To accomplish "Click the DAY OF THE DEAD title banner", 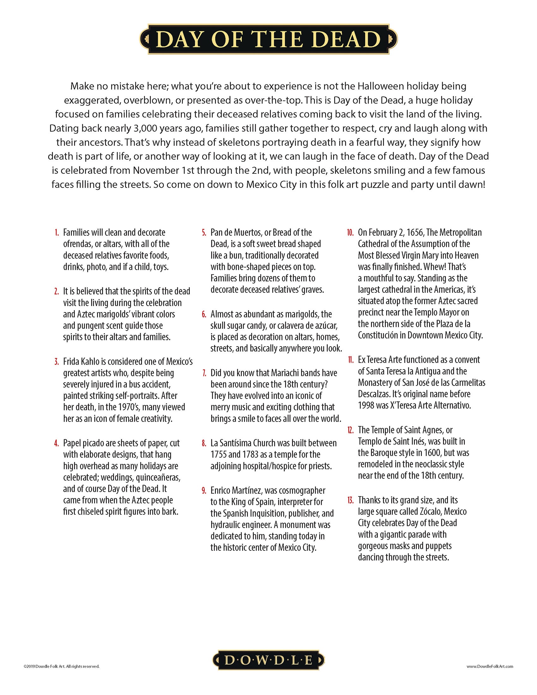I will pos(268,39).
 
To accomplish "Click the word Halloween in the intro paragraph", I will pos(381,86).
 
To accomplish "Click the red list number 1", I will pos(57,233).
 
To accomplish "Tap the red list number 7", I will pos(204,373).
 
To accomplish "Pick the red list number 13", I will pos(350,500).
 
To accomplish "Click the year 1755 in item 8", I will pos(218,454).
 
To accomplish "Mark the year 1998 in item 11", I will pos(366,405).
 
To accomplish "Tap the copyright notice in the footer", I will pos(61,666).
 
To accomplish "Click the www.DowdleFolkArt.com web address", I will pos(490,666).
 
